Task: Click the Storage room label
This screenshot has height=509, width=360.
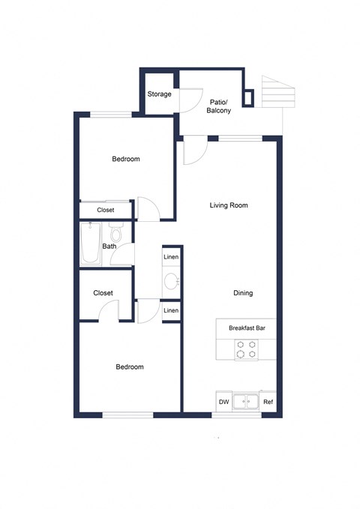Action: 159,94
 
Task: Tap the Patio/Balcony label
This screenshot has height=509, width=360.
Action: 219,106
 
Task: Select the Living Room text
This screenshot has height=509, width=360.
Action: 228,205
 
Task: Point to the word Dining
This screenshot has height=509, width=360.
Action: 242,293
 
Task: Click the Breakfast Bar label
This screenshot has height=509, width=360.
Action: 245,328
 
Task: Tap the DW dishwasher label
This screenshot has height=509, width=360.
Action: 223,403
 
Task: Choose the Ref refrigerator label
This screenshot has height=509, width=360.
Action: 268,403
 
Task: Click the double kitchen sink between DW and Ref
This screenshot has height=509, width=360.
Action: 245,403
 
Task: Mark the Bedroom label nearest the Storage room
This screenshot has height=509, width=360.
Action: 126,159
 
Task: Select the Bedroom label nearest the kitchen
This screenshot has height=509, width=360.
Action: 129,367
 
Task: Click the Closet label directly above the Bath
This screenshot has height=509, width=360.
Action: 106,211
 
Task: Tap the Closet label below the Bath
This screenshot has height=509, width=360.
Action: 103,293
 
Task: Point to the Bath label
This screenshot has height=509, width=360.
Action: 109,246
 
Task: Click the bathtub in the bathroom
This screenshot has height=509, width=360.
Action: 91,244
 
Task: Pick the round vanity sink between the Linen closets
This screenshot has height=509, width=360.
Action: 171,283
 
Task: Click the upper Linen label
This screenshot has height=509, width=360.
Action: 171,257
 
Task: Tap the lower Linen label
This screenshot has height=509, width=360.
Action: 171,310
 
